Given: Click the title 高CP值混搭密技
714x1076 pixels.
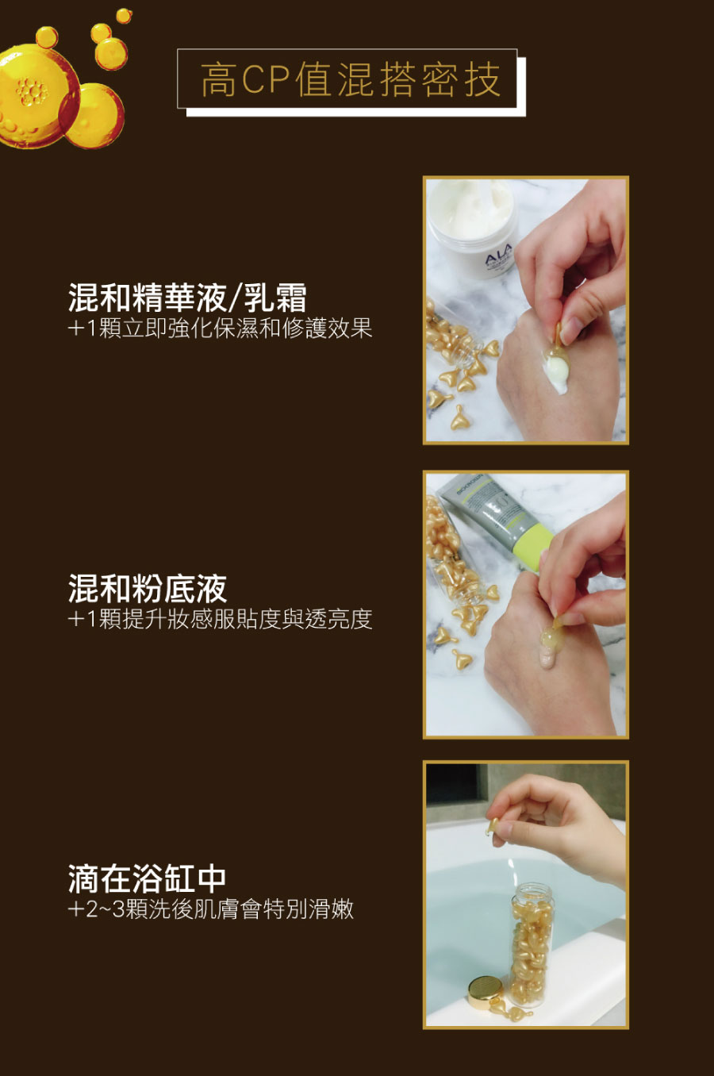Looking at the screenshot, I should point(350,80).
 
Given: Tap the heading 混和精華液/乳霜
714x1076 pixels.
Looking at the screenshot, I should point(187,298).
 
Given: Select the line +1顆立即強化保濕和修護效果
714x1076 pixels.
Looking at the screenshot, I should point(220,328).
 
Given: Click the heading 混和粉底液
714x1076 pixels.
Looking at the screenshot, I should point(148,589).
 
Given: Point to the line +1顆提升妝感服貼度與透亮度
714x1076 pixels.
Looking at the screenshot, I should point(220,619).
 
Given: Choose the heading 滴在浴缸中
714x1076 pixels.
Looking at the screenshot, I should point(148,878).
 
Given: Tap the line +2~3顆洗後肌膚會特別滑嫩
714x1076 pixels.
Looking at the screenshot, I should point(211,909).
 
